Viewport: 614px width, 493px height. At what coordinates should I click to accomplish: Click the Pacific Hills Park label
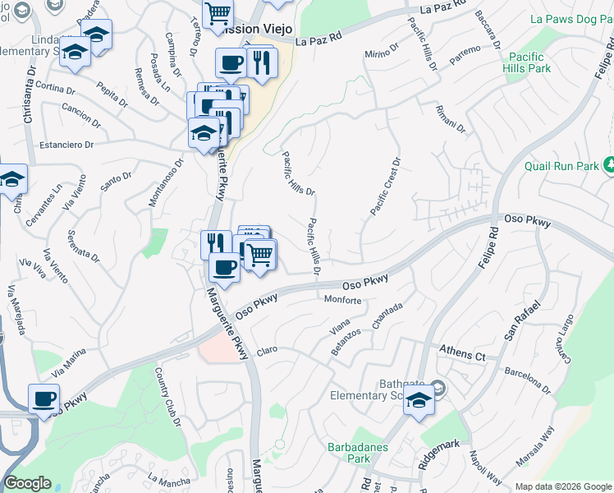click(529, 63)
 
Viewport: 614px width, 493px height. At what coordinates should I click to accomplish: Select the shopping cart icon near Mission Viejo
click(217, 13)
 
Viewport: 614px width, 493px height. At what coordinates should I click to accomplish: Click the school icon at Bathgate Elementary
click(419, 401)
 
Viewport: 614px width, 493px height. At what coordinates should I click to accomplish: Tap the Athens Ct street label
click(462, 354)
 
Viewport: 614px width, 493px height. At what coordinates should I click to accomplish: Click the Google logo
click(27, 483)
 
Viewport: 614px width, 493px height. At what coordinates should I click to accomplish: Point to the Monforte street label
click(343, 301)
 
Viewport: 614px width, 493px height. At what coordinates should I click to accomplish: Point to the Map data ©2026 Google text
click(563, 486)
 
